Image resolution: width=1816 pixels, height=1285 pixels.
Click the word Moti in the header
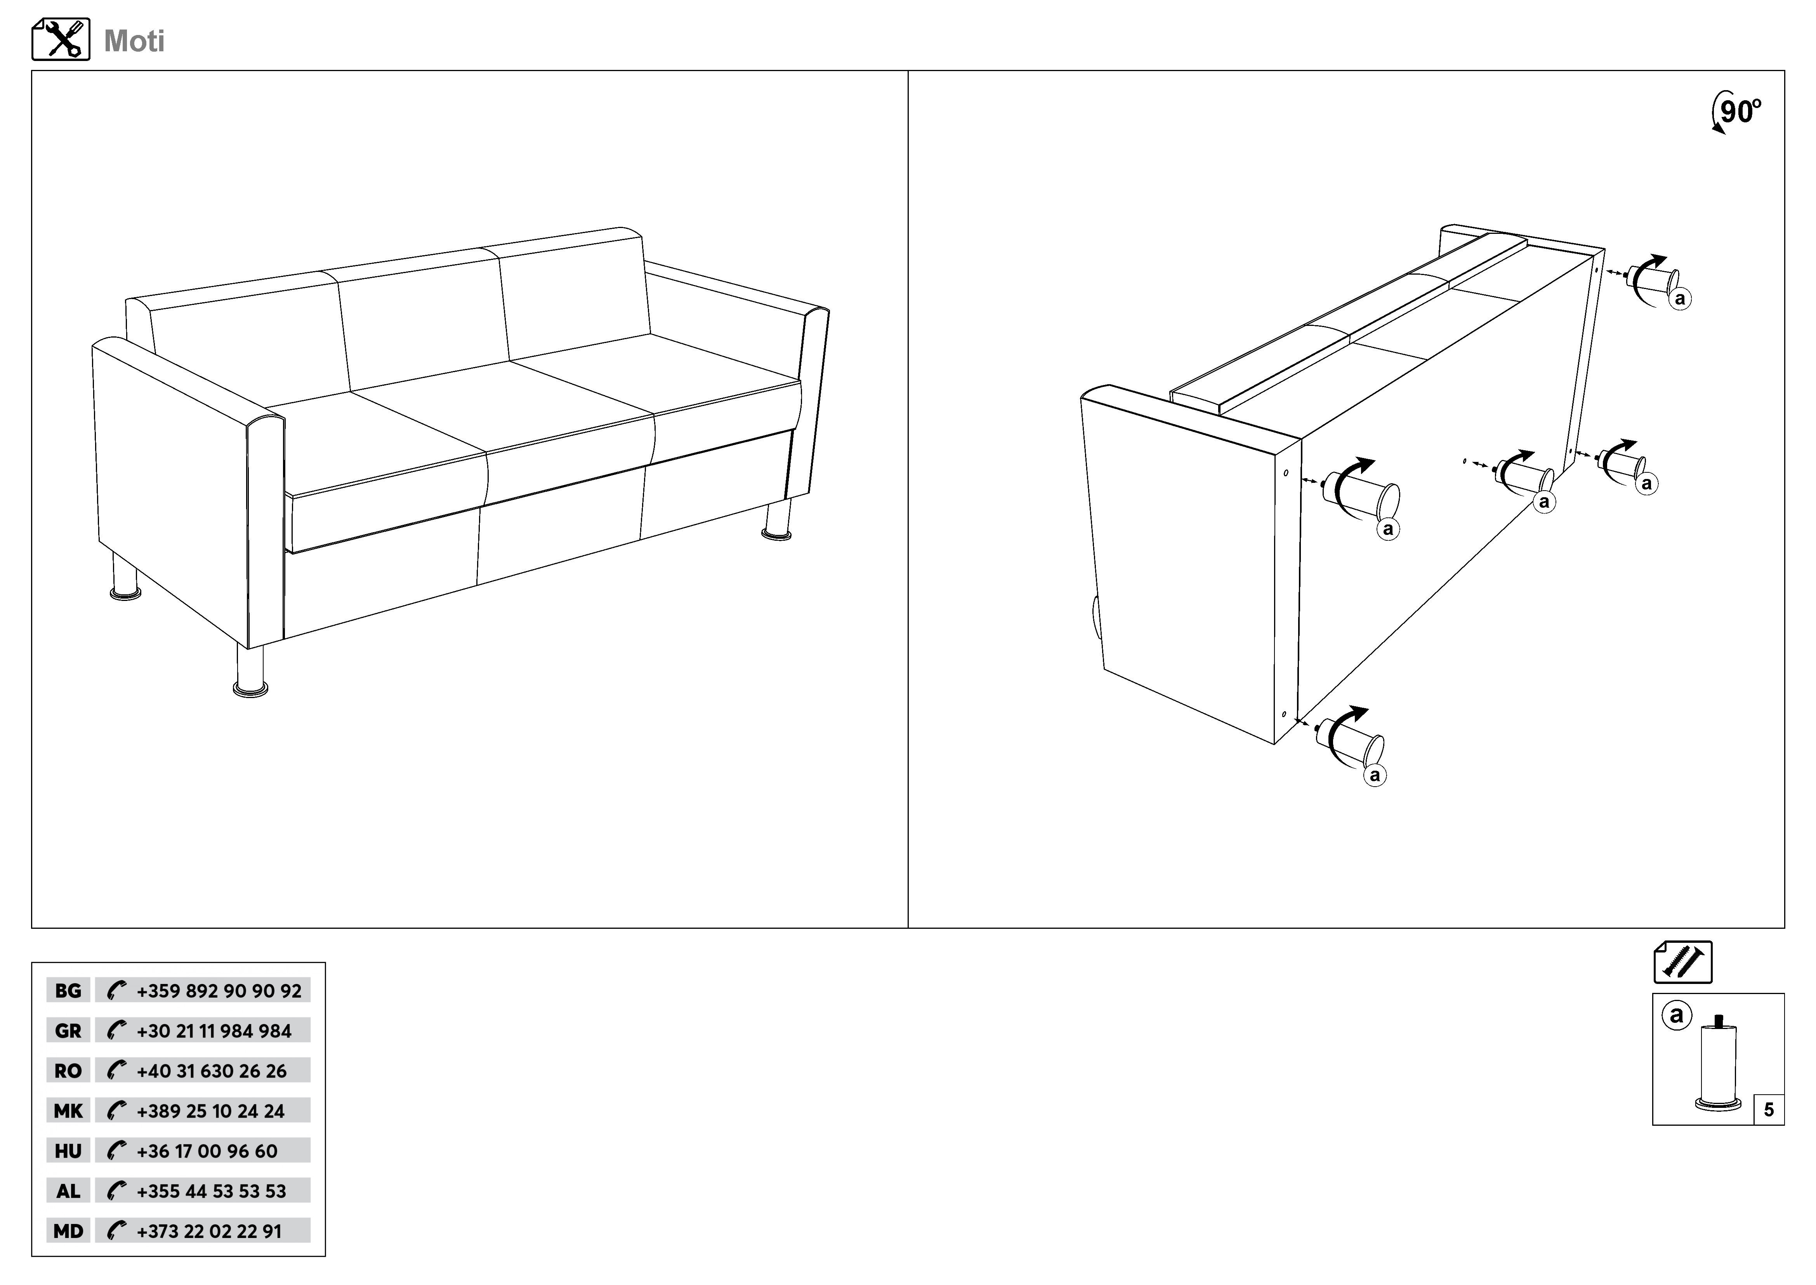click(134, 41)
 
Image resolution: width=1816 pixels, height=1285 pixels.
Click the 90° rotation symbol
click(1736, 113)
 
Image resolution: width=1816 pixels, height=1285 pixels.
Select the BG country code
click(68, 991)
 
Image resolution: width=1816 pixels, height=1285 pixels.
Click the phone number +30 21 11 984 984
click(214, 1031)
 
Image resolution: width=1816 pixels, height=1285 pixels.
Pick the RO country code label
click(68, 1071)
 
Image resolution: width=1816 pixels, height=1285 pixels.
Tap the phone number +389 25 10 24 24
click(210, 1111)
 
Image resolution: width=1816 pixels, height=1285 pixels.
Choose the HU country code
click(68, 1151)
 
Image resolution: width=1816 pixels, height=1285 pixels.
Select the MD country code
click(68, 1231)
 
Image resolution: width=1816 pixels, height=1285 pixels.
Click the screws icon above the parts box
click(1683, 962)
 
